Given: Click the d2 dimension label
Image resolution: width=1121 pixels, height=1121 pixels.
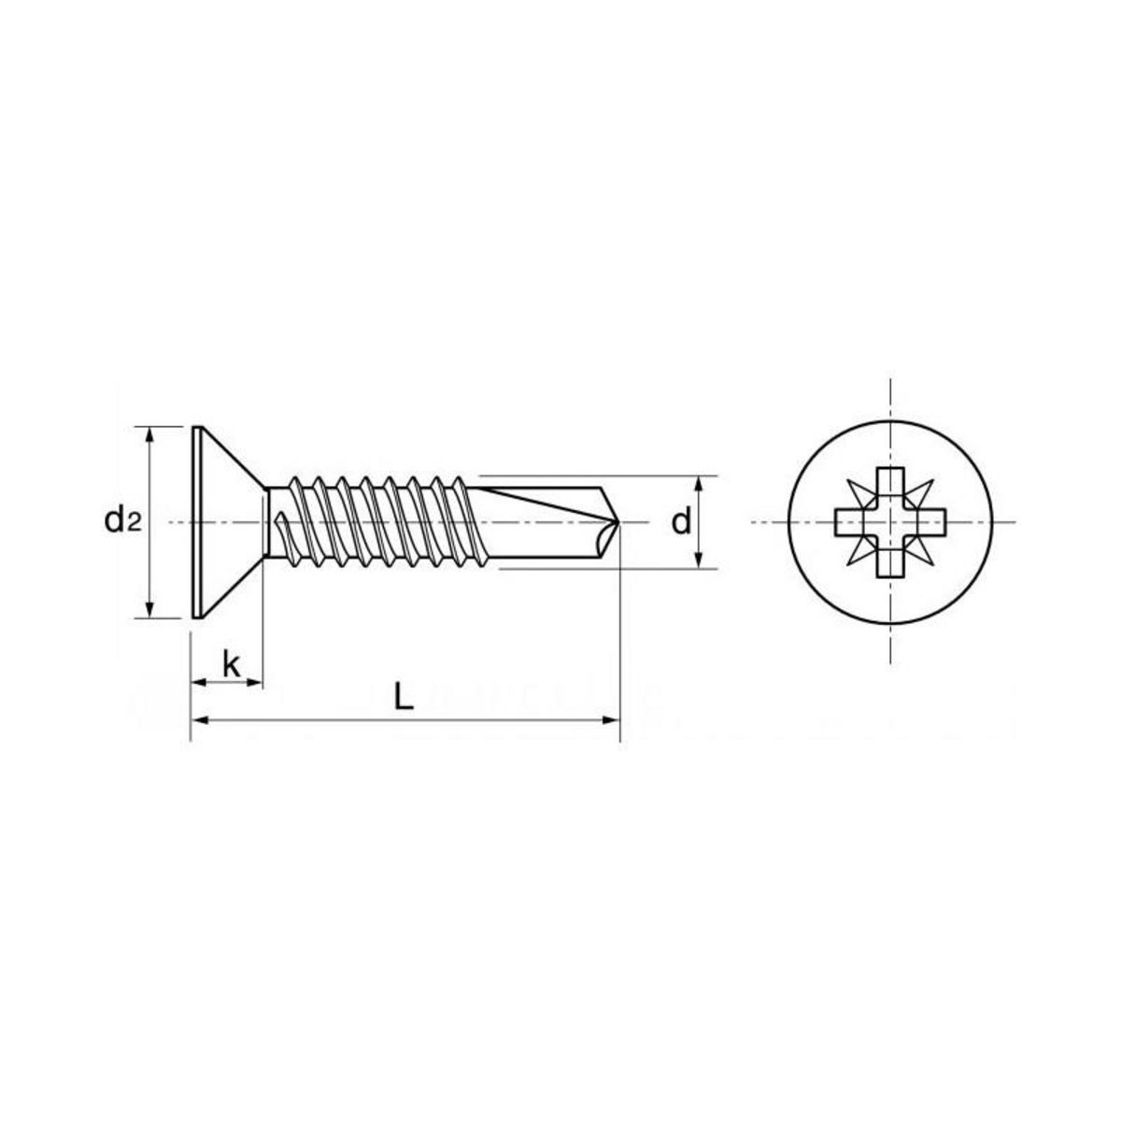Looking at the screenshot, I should (x=121, y=520).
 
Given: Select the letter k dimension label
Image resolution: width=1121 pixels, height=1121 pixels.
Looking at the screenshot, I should (x=232, y=665).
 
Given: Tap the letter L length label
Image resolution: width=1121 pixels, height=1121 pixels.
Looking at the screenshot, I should (x=404, y=696).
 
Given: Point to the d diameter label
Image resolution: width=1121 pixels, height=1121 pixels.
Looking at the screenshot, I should (x=682, y=522).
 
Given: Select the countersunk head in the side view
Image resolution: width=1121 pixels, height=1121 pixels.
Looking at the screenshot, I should (x=224, y=522).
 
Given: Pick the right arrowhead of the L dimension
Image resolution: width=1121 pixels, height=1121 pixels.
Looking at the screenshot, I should (x=612, y=720).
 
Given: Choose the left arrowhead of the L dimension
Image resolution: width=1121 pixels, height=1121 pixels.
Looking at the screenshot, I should (x=198, y=720).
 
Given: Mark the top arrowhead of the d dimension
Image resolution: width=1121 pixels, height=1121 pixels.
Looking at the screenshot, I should (x=699, y=482).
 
